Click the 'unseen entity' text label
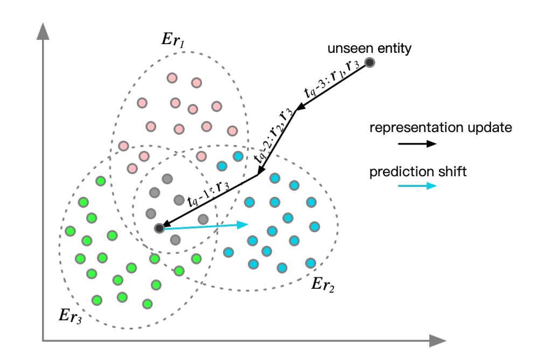click(x=370, y=48)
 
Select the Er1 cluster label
click(x=173, y=40)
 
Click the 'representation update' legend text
click(x=440, y=128)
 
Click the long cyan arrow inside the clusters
click(x=205, y=226)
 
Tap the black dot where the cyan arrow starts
click(x=159, y=229)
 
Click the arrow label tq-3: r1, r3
click(x=332, y=85)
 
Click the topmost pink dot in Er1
click(x=172, y=78)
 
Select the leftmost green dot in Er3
click(x=70, y=231)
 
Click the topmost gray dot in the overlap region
click(x=167, y=178)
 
